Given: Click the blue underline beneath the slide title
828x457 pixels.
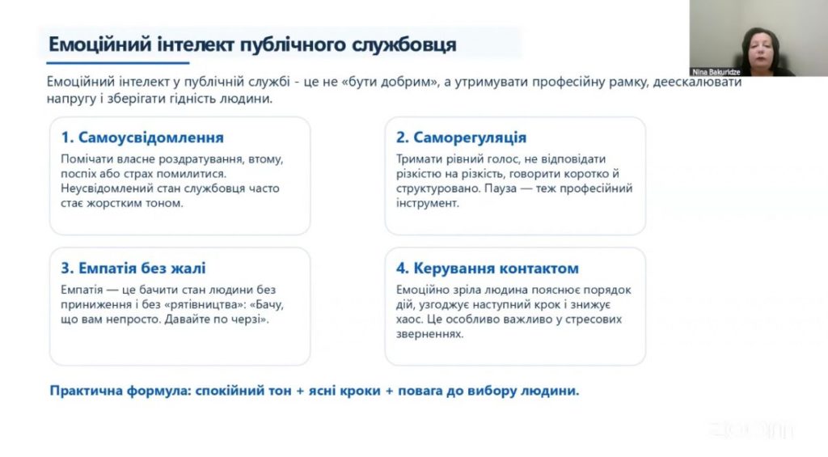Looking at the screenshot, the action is [x=118, y=63].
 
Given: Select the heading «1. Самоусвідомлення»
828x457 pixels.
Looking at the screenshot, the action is [x=142, y=138].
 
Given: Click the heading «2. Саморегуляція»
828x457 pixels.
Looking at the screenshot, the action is [x=461, y=138].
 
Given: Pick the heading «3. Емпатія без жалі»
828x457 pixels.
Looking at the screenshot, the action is [x=133, y=268].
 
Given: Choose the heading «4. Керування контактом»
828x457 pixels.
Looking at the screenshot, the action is [x=488, y=268].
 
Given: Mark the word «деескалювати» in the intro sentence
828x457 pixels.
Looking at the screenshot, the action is [x=697, y=82].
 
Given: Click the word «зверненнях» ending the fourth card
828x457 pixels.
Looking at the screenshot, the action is [x=429, y=334].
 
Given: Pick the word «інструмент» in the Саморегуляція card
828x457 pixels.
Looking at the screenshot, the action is [x=427, y=203].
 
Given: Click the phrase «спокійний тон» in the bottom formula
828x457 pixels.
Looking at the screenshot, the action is [x=243, y=391].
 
